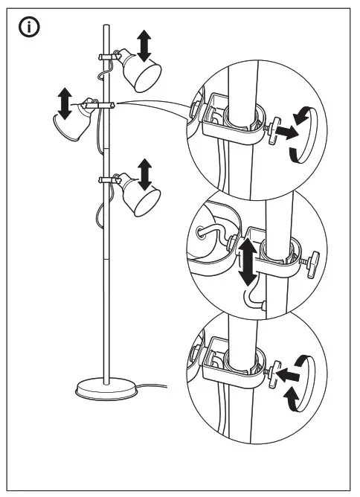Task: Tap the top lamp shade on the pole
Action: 141,72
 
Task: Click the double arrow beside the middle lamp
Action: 65,103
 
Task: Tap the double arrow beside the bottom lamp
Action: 144,173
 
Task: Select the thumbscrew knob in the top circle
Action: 277,130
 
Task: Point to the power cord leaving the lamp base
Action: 152,385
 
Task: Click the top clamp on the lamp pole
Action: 106,57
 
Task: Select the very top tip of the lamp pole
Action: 105,26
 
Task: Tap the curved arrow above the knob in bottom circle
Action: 300,361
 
